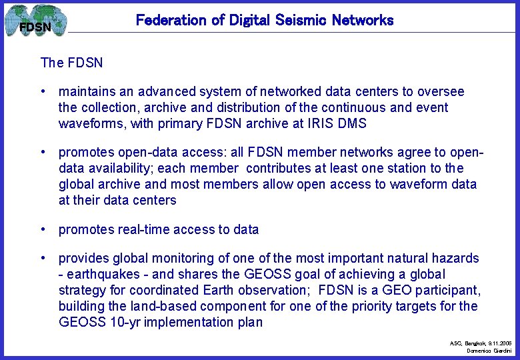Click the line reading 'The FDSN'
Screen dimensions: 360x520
[x=71, y=63]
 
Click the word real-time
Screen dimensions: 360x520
[x=142, y=229]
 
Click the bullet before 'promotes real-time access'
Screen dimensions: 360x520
[x=43, y=229]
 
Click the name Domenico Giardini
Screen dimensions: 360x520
[x=489, y=350]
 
